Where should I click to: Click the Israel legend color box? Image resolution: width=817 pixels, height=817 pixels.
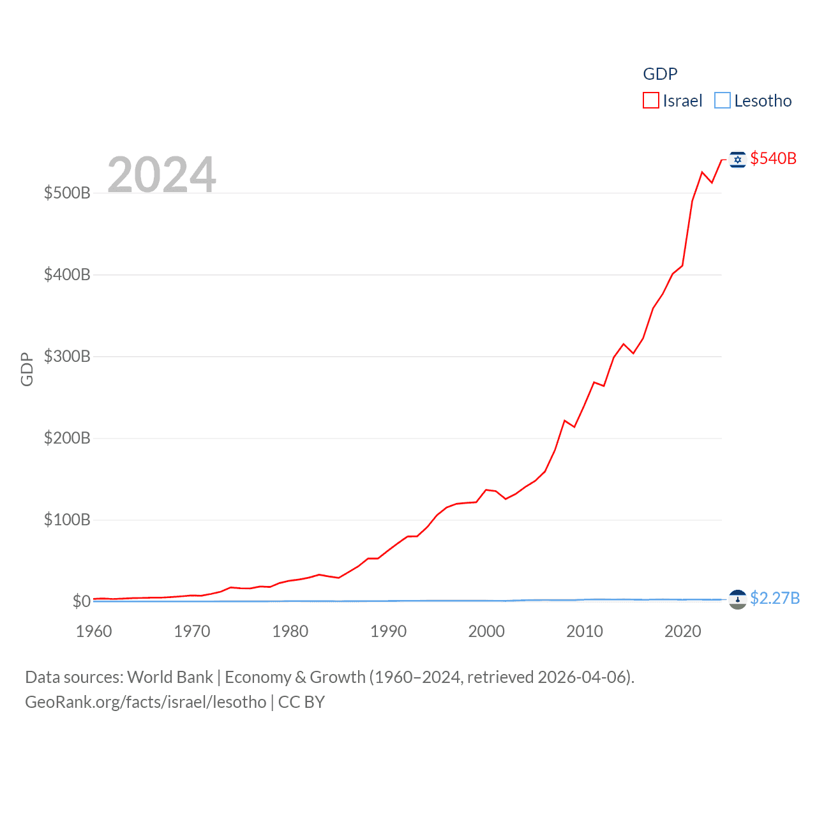point(650,101)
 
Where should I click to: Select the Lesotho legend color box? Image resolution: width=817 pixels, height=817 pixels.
point(722,101)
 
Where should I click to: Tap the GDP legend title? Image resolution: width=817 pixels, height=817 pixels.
point(660,74)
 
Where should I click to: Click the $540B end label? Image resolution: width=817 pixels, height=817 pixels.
point(773,158)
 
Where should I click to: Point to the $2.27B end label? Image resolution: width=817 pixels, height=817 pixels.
point(774,598)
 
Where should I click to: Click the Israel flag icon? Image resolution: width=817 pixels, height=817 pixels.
point(738,160)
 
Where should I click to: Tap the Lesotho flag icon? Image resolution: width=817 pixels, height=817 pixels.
point(738,599)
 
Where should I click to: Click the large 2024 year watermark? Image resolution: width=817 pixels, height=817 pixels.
point(161,174)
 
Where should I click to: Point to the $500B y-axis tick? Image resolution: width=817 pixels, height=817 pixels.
point(67,193)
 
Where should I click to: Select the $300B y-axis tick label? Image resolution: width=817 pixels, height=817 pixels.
point(67,356)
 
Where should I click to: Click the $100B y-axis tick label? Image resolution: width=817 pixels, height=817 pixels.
point(67,520)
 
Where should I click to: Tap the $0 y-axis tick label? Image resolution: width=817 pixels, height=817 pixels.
point(81,601)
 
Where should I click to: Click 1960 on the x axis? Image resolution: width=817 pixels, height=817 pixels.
point(94,631)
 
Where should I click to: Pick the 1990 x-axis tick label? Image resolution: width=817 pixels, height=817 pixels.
point(388,631)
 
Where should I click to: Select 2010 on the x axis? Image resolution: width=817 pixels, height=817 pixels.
point(585,631)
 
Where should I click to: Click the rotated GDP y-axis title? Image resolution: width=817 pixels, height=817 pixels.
point(27,369)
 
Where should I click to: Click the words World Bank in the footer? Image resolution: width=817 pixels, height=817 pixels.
point(170,677)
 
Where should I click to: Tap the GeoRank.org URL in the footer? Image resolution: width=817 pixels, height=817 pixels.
point(146,702)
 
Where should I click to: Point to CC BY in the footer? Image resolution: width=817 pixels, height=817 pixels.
point(301,702)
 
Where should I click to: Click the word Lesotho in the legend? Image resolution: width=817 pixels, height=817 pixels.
point(763,101)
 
